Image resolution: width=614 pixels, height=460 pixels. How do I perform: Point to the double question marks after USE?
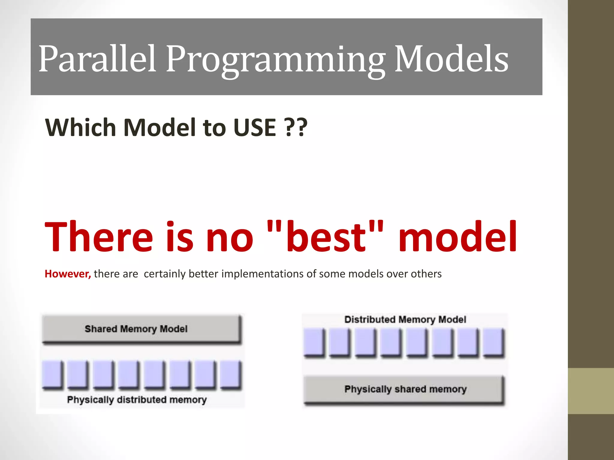296,127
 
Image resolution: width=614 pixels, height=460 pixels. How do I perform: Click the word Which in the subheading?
80,127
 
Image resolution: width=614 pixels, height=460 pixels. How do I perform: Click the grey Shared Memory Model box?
142,329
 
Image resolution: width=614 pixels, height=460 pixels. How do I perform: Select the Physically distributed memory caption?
137,400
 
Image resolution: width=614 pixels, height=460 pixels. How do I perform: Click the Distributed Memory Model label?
405,320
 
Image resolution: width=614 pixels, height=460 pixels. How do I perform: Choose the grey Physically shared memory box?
404,390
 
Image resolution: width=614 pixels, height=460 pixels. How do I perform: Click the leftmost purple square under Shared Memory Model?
52,375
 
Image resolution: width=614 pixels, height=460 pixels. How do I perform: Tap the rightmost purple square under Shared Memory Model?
231,375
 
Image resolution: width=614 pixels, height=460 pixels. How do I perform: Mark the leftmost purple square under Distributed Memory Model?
314,342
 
